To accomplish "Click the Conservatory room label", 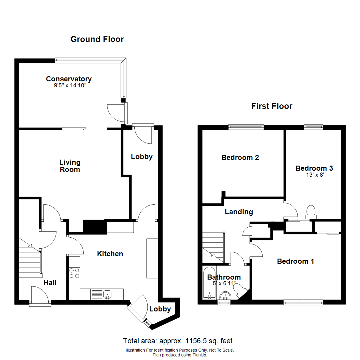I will click(x=69, y=79).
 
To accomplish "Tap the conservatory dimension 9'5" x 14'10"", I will click(x=69, y=86).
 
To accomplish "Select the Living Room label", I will click(x=70, y=166).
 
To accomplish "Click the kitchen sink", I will click(x=107, y=294).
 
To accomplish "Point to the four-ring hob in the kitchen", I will click(x=74, y=273).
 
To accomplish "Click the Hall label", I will click(x=50, y=283).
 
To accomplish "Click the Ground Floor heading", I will click(x=97, y=39).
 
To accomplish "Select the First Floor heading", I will click(x=272, y=106).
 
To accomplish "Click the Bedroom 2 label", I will click(x=240, y=157).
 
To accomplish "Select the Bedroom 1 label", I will click(x=295, y=261).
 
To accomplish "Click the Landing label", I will click(x=239, y=212).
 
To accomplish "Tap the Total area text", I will click(x=178, y=341).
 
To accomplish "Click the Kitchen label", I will click(x=110, y=254).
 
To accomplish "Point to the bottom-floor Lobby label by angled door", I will click(x=160, y=309).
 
